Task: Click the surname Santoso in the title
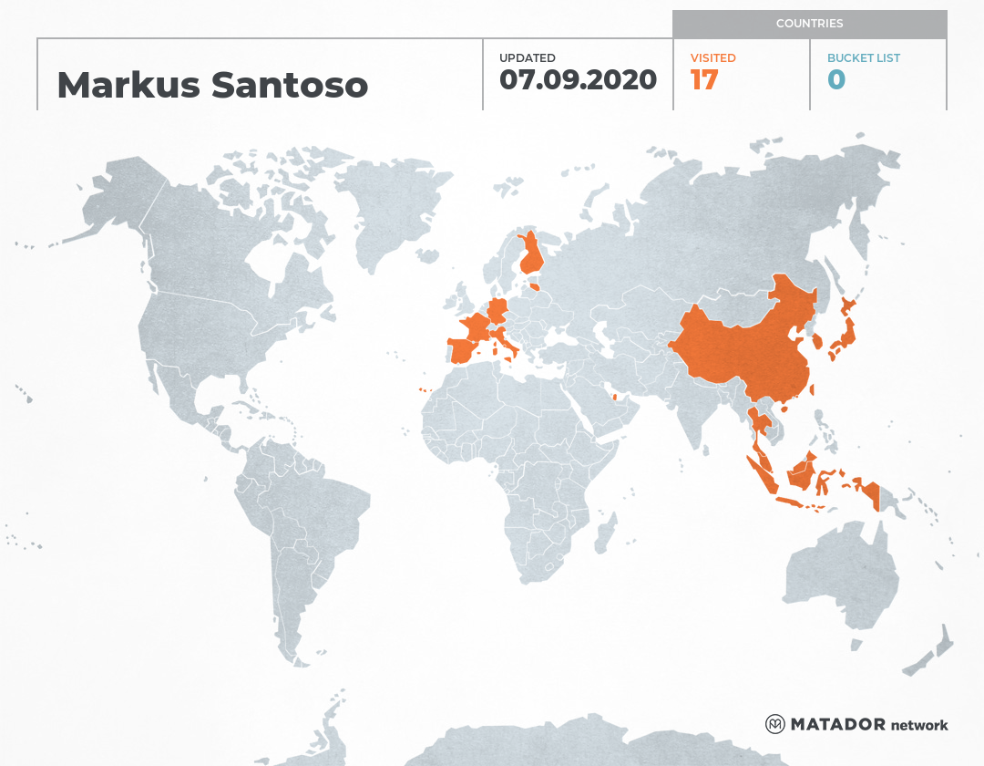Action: coord(290,85)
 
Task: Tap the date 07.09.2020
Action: coord(578,80)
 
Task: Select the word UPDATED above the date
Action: coord(527,58)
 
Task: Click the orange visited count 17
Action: coord(704,80)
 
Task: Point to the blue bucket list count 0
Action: coord(836,80)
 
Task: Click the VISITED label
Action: coord(713,58)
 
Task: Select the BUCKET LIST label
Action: coord(863,58)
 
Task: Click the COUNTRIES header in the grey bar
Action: coord(809,24)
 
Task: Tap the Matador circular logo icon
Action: coord(774,724)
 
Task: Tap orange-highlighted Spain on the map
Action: coord(466,349)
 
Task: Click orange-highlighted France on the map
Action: coord(477,326)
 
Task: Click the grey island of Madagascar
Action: coord(604,533)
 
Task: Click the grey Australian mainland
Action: coord(838,574)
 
